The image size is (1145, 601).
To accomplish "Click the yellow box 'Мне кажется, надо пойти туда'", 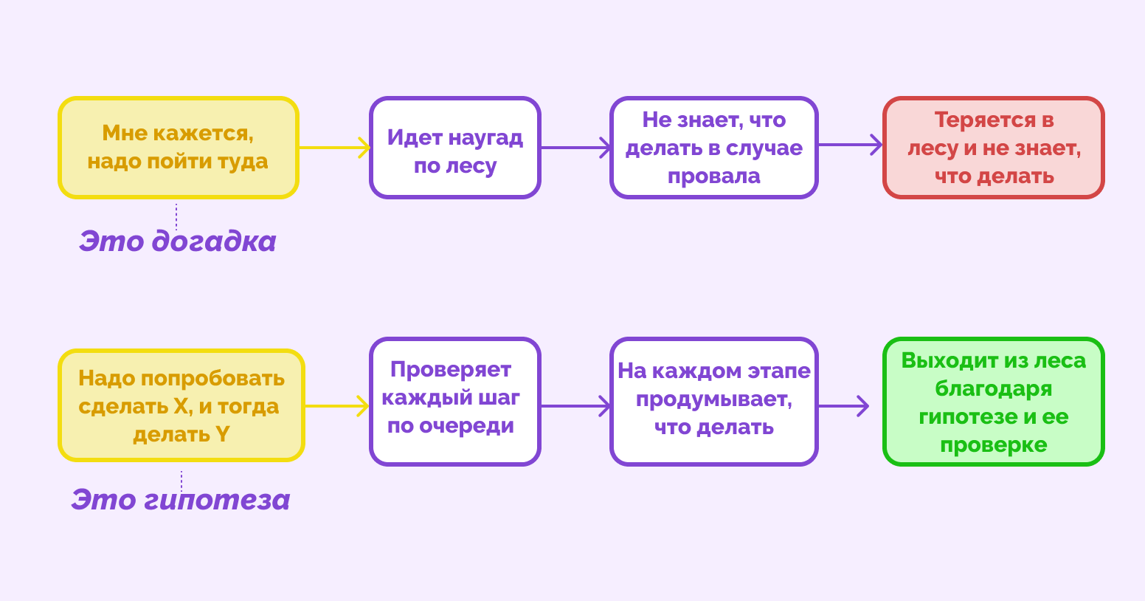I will click(x=178, y=148).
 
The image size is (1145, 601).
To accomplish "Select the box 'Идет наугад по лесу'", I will click(x=454, y=148).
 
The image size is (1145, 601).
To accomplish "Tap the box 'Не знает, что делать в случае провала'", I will click(x=713, y=148).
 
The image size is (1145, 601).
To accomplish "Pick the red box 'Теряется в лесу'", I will click(x=993, y=148).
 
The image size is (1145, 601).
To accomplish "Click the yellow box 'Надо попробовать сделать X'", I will click(x=181, y=405).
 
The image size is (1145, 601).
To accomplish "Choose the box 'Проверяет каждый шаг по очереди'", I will click(x=454, y=402).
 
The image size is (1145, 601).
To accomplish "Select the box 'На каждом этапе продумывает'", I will click(x=713, y=402).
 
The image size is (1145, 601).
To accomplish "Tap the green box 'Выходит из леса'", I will click(x=993, y=402).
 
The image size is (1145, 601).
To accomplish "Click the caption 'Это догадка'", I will click(x=178, y=241).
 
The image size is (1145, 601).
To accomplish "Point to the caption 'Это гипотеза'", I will click(x=181, y=500).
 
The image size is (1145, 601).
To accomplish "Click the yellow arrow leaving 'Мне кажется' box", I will click(x=333, y=148).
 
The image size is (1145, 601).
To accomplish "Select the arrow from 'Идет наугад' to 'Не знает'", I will click(x=575, y=148).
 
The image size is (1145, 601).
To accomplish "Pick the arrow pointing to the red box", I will click(x=850, y=145).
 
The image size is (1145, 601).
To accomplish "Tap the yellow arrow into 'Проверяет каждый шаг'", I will click(x=336, y=405).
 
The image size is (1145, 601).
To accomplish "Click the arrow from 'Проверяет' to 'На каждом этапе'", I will click(x=575, y=405).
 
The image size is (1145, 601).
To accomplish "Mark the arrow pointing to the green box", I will click(x=843, y=405).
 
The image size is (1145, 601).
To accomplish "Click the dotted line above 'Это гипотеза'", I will click(x=181, y=480).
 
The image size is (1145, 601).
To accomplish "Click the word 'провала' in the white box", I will click(x=713, y=176).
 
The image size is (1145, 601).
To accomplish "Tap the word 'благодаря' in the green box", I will click(x=993, y=389).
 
